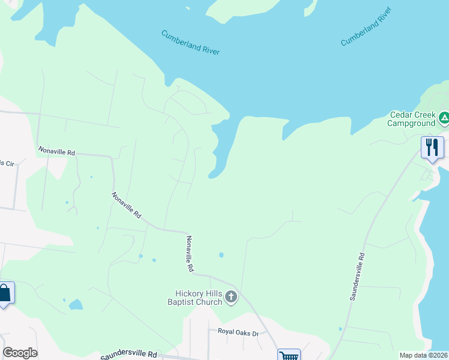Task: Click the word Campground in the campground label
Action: [x=411, y=123]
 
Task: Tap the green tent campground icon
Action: [x=444, y=118]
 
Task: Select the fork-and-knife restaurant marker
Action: [x=432, y=148]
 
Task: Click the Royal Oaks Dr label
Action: [x=238, y=332]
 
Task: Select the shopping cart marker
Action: [x=289, y=356]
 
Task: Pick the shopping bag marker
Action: [x=5, y=293]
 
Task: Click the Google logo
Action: [x=20, y=353]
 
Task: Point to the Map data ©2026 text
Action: [x=423, y=355]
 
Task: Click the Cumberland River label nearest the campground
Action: [x=366, y=35]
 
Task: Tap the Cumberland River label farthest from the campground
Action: [x=190, y=43]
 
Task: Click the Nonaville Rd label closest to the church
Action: [x=189, y=254]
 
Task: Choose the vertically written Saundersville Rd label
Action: [x=357, y=277]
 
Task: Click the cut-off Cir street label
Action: [x=7, y=163]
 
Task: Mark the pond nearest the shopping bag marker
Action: [x=76, y=304]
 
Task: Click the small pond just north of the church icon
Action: [x=221, y=255]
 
